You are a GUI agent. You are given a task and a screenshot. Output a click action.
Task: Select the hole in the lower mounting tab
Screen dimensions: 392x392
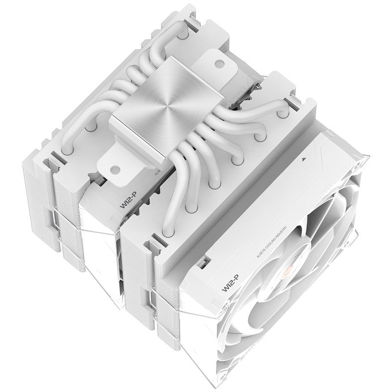pyautogui.click(x=115, y=169)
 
